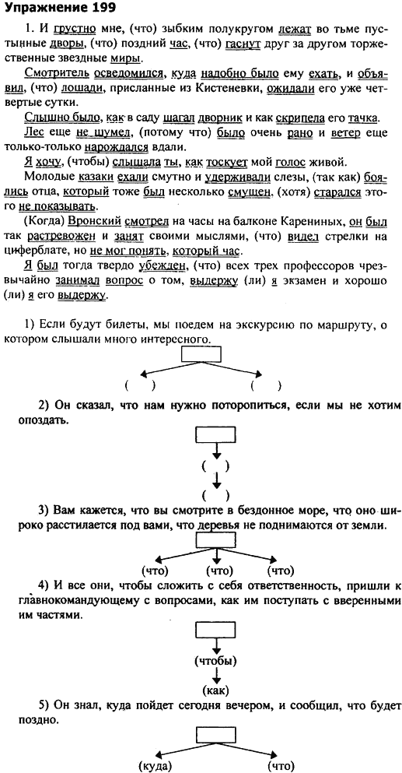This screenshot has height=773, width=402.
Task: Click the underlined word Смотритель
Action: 55,74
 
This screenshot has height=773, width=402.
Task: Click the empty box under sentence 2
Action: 216,434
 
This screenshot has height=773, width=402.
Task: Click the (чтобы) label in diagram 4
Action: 216,661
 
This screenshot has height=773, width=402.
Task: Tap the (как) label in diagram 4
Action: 216,690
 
